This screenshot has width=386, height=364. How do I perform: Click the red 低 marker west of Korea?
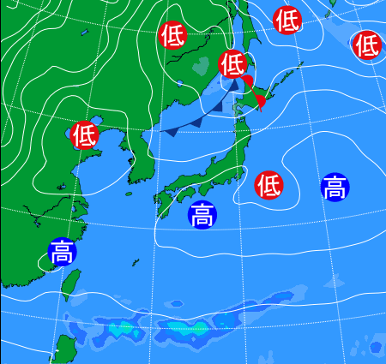(84, 134)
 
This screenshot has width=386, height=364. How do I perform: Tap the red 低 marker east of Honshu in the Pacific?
(269, 184)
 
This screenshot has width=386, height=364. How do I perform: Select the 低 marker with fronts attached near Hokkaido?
(232, 63)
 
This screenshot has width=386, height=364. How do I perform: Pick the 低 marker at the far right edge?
(366, 44)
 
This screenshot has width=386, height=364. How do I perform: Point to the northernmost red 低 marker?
(287, 19)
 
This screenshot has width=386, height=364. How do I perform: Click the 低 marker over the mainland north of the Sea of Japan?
(172, 35)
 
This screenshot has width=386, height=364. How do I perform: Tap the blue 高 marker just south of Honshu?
(202, 214)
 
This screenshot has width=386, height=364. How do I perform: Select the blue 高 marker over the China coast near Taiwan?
(62, 252)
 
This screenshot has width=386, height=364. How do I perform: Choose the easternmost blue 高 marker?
(335, 187)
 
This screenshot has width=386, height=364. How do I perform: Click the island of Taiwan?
(72, 287)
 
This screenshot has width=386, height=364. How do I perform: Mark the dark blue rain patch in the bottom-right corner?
(375, 347)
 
